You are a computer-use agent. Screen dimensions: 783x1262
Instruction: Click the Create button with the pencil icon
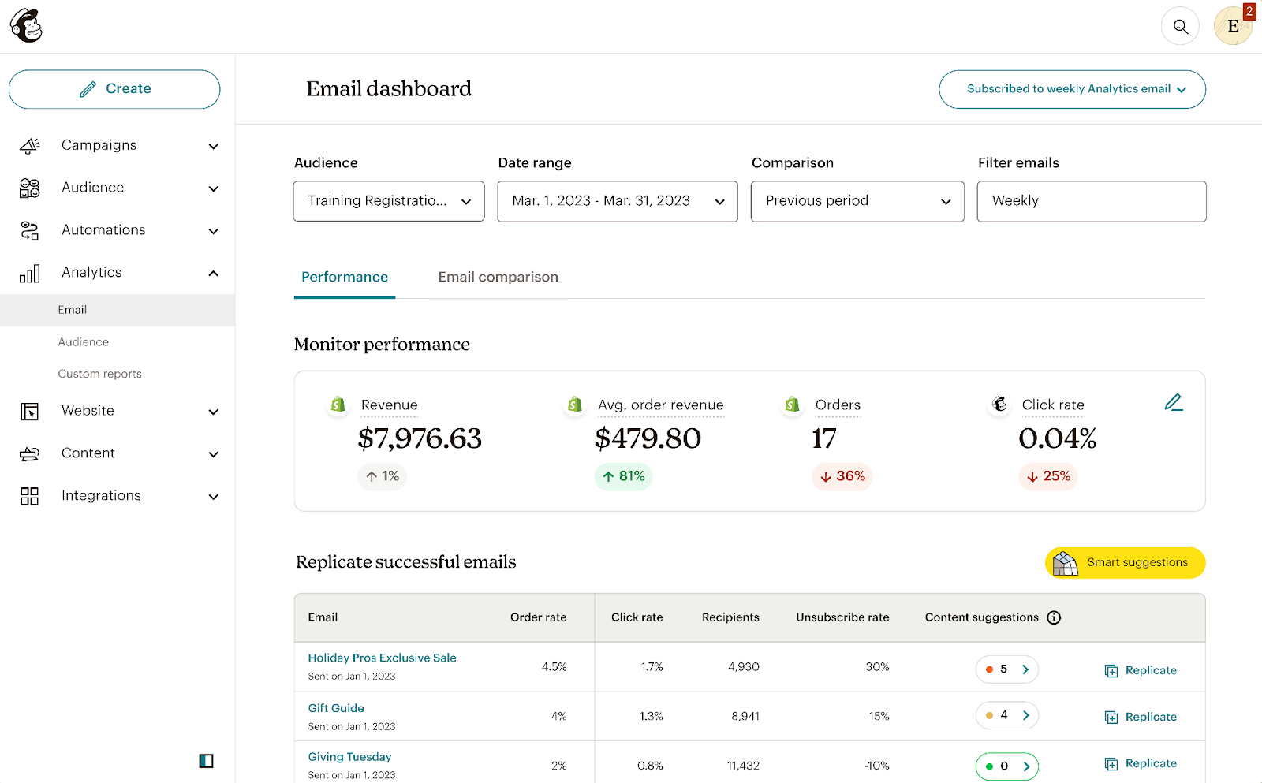pyautogui.click(x=114, y=89)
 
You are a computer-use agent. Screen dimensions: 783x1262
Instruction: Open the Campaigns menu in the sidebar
pyautogui.click(x=118, y=146)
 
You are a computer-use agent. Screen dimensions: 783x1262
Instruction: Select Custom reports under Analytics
pyautogui.click(x=100, y=374)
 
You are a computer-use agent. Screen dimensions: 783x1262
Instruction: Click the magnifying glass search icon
pyautogui.click(x=1180, y=27)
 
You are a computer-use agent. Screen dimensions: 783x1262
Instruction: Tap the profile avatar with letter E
pyautogui.click(x=1232, y=27)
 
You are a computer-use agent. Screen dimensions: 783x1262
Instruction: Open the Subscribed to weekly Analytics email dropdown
pyautogui.click(x=1072, y=89)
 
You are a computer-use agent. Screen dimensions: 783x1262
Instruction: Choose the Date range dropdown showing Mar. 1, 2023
pyautogui.click(x=618, y=201)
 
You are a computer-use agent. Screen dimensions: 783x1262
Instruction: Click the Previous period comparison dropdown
pyautogui.click(x=857, y=201)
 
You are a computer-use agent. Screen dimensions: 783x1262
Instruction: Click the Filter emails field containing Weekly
pyautogui.click(x=1091, y=201)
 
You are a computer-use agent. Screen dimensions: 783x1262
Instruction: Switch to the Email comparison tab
pyautogui.click(x=498, y=277)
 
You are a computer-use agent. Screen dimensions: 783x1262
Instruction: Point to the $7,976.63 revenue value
pyautogui.click(x=420, y=438)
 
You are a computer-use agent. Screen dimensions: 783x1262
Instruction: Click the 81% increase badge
pyautogui.click(x=623, y=476)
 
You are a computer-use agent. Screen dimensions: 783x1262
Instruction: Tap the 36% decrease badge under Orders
pyautogui.click(x=842, y=476)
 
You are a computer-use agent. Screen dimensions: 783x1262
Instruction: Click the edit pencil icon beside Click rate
pyautogui.click(x=1174, y=403)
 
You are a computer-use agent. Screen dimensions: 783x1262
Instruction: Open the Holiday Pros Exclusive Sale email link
pyautogui.click(x=382, y=658)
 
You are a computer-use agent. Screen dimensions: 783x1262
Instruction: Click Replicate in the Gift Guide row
pyautogui.click(x=1141, y=717)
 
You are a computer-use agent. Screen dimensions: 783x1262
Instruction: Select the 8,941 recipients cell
pyautogui.click(x=745, y=716)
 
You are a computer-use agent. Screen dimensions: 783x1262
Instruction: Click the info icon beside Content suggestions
pyautogui.click(x=1054, y=617)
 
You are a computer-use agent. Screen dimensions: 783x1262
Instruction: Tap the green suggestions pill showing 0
pyautogui.click(x=1006, y=766)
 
